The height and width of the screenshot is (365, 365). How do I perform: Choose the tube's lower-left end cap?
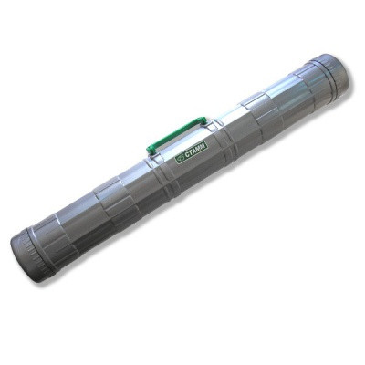point(30,243)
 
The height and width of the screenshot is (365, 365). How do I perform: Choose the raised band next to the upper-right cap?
point(292,96)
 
